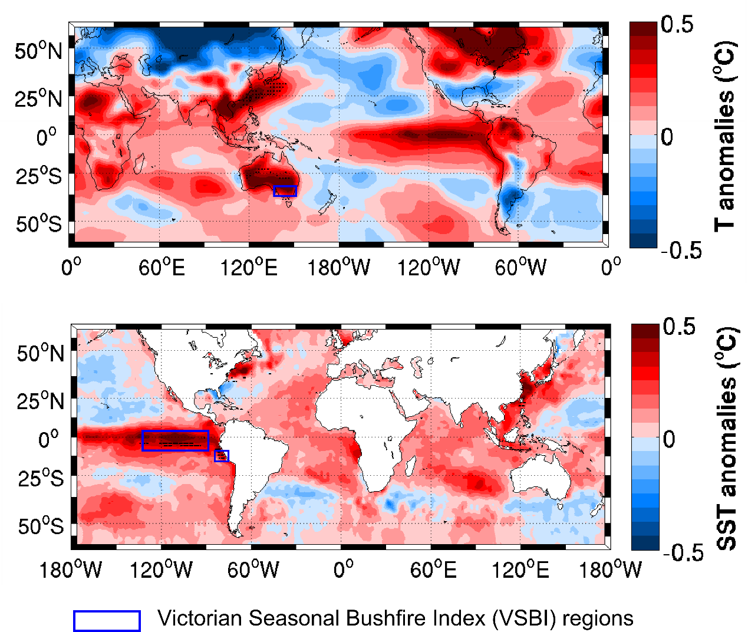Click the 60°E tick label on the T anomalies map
(x=162, y=268)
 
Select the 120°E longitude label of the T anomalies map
(x=249, y=268)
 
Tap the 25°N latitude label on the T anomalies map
(x=38, y=98)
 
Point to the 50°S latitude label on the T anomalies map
(x=38, y=224)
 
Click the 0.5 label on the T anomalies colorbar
(x=677, y=25)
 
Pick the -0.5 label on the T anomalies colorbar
(x=681, y=250)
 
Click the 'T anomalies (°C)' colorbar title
(x=725, y=136)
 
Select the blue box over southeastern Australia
(x=285, y=190)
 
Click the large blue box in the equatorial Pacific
(x=175, y=440)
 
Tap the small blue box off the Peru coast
(x=221, y=456)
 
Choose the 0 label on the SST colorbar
(x=669, y=439)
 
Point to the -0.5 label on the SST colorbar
(x=683, y=552)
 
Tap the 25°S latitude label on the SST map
(x=40, y=478)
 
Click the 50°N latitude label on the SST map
(x=40, y=354)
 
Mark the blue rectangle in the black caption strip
(x=107, y=621)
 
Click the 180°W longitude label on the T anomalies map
(x=338, y=268)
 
